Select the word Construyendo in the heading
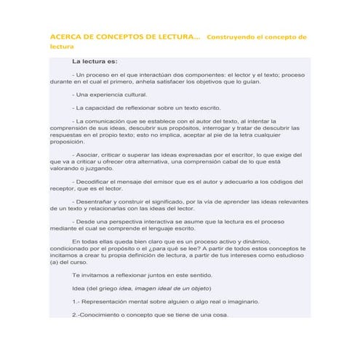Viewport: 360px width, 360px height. [x=232, y=37]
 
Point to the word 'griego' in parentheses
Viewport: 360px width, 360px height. [x=119, y=288]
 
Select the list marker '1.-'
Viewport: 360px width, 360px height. [x=78, y=301]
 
